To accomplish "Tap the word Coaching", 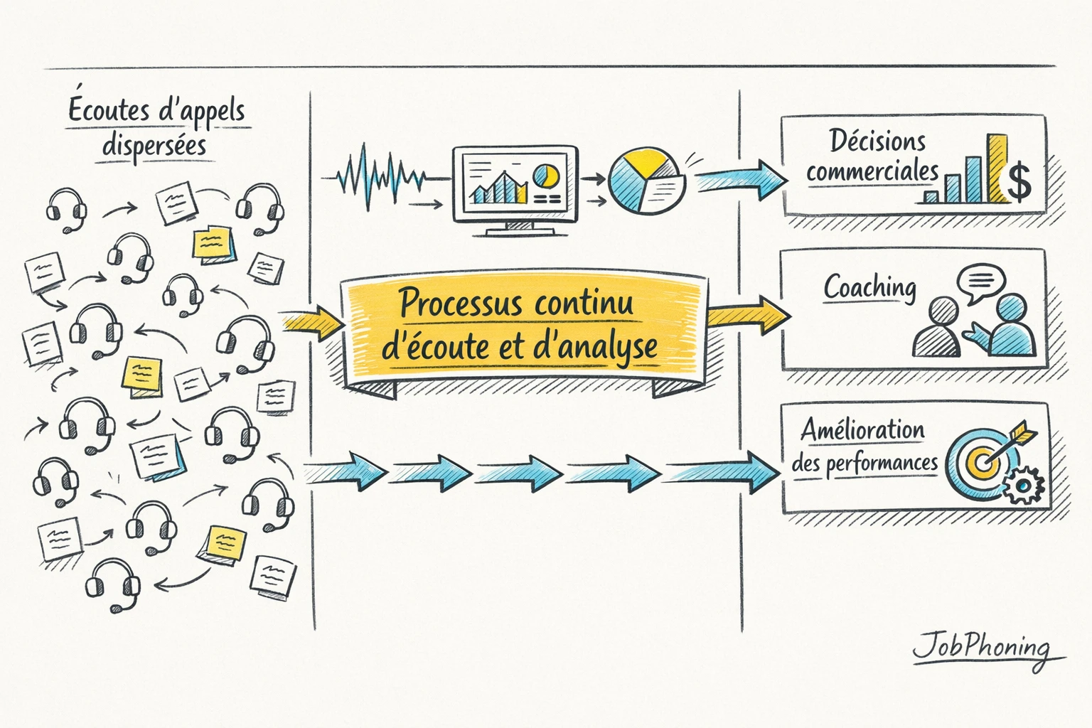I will point(869,288).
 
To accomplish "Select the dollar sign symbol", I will point(1019,181).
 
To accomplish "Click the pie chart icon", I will point(646,180).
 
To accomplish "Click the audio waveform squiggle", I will point(381,178).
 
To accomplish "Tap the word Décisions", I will point(877,141).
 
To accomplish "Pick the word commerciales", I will point(872,172).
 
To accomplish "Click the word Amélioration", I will point(862,430).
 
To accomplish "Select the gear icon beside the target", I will point(1024,486).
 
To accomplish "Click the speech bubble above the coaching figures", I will point(981,282).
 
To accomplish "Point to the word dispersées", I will point(154,146).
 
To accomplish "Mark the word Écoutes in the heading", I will point(109,111).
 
